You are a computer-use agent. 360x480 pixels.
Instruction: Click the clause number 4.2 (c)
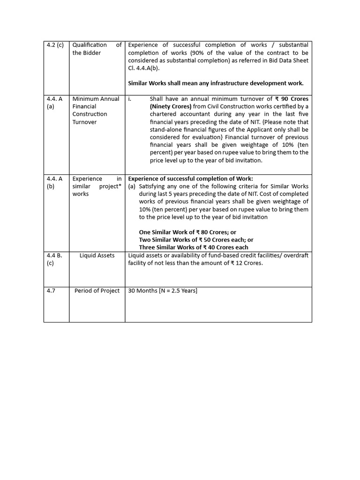[55, 45]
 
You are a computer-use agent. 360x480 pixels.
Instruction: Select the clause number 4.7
[51, 291]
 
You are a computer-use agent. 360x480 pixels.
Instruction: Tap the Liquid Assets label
[97, 255]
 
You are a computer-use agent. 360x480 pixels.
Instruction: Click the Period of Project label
[97, 291]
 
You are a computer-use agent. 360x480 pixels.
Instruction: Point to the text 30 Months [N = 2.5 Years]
[163, 291]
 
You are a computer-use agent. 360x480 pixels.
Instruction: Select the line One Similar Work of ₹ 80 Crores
[187, 232]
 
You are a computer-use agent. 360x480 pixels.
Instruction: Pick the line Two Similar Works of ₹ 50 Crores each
[196, 240]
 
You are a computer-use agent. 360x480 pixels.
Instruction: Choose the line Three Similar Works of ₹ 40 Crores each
[194, 247]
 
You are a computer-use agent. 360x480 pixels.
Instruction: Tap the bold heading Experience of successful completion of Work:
[190, 179]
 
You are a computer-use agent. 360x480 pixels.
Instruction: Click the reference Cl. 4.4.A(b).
[144, 68]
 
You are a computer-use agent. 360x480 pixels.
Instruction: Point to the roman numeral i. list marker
[130, 99]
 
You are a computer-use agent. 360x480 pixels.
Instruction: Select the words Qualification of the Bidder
[97, 49]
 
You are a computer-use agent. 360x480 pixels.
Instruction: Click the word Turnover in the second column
[84, 122]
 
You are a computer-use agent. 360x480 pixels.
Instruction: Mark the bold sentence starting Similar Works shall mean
[216, 83]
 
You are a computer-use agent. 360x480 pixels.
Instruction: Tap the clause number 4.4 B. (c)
[54, 259]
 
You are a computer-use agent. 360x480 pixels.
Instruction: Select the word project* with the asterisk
[106, 186]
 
